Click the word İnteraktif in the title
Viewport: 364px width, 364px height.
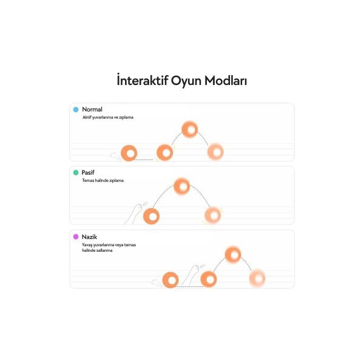point(143,80)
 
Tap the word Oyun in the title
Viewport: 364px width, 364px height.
point(186,81)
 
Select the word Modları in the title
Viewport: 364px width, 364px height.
point(226,81)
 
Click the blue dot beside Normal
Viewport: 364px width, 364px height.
point(76,110)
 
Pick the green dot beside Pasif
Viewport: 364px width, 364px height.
point(76,172)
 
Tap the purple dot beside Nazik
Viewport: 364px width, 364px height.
point(76,237)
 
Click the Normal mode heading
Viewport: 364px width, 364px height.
point(92,109)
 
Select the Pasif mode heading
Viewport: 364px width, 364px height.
point(88,172)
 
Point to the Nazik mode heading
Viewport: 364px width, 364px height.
point(89,237)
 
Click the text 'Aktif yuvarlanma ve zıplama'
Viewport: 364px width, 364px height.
point(108,118)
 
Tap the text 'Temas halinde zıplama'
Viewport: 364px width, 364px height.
point(103,180)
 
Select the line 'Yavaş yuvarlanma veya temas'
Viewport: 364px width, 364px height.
point(109,244)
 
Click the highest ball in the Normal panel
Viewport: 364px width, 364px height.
point(190,130)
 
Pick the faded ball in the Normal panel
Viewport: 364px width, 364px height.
point(215,152)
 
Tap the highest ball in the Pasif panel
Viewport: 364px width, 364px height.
point(182,186)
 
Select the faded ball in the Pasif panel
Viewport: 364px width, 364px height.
point(213,215)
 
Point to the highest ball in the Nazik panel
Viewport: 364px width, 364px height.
point(233,255)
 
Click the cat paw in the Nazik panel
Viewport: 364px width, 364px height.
point(193,275)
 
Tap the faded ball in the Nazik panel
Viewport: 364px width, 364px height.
point(257,278)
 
